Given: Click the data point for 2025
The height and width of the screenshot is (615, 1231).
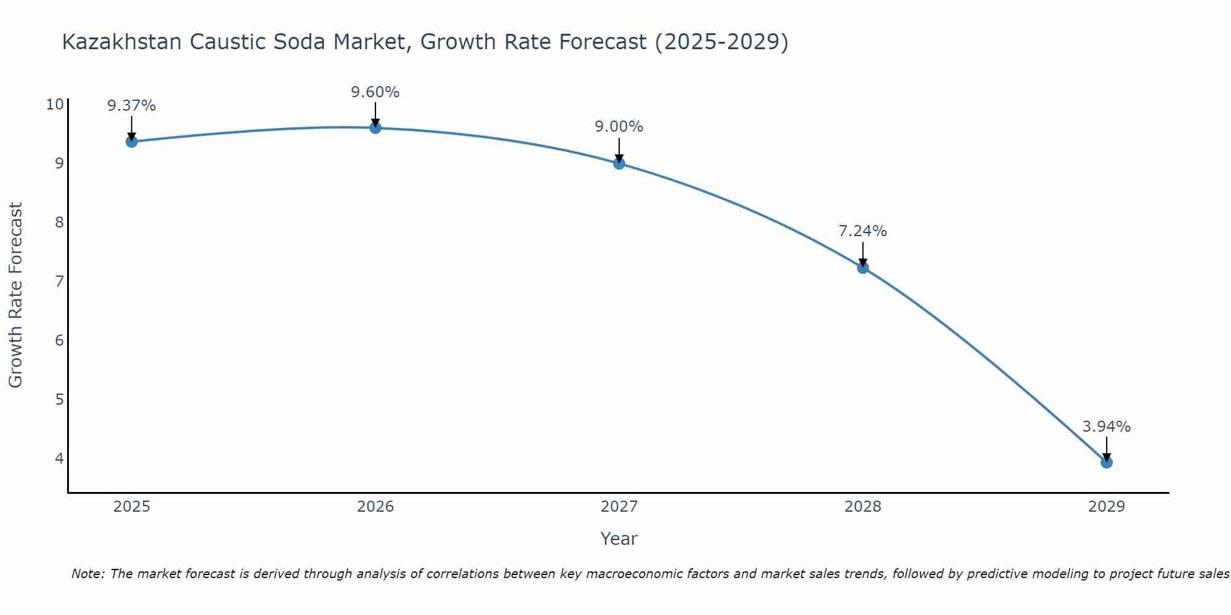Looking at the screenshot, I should [x=132, y=142].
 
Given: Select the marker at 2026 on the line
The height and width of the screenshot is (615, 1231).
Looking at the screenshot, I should [x=375, y=128].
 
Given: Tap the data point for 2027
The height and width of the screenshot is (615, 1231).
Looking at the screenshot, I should [x=619, y=164].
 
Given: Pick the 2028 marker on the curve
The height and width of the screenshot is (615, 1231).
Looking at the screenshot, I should [x=863, y=268].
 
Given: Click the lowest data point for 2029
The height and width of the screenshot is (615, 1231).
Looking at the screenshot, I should [x=1107, y=462].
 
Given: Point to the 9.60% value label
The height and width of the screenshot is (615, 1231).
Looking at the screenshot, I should [x=375, y=92].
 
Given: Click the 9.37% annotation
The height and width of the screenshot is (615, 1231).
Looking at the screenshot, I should [x=132, y=106].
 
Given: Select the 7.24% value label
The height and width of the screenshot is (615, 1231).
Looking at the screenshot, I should [x=863, y=231].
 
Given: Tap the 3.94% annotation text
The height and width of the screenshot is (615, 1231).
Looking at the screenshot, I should [x=1107, y=427].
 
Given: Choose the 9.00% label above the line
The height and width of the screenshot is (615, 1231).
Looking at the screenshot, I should [x=619, y=127].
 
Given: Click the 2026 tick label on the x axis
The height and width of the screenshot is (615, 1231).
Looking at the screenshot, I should [x=375, y=507].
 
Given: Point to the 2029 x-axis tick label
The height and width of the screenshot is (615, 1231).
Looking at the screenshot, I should [x=1107, y=507].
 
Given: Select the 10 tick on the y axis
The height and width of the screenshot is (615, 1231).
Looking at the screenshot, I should [x=55, y=104].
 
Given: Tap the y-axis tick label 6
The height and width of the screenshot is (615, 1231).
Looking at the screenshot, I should [x=59, y=340].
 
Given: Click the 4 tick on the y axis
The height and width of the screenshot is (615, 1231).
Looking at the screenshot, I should [x=59, y=458].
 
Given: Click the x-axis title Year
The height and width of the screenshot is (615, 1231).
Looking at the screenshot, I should [x=619, y=539].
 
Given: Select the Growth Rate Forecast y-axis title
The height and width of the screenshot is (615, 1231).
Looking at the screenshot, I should [x=16, y=295].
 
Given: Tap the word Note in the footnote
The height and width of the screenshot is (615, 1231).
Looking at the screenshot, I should [x=87, y=574].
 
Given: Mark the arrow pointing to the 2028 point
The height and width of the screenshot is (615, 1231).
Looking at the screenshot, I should [x=863, y=254].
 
